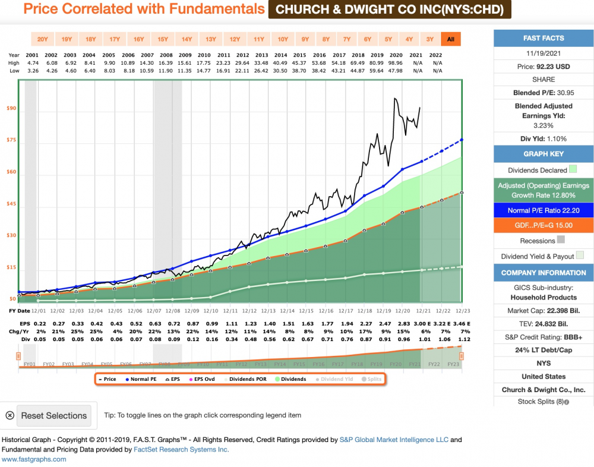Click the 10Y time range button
click(283, 39)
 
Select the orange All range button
click(451, 39)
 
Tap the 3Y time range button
click(430, 39)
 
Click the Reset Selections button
click(54, 416)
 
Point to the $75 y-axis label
click(11, 140)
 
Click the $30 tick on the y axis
click(11, 235)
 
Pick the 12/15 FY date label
click(307, 311)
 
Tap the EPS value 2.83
click(403, 324)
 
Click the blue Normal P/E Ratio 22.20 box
click(544, 210)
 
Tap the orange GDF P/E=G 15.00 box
click(544, 226)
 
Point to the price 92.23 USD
click(544, 67)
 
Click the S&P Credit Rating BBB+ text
click(544, 337)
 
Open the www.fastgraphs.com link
click(34, 459)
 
